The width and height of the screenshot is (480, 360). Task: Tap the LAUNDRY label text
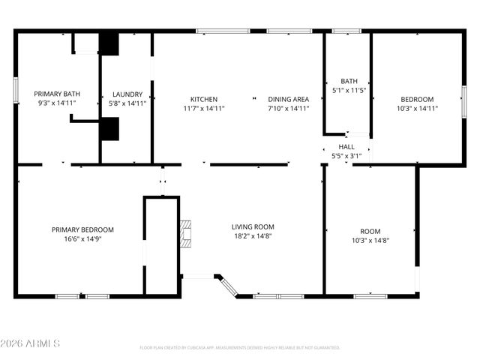127,94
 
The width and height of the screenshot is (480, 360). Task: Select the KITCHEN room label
203,99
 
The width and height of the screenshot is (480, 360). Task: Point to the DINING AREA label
289,99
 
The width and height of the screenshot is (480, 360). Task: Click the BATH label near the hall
349,81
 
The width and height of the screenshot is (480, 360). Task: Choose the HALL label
346,146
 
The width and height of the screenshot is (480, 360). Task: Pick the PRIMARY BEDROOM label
82,229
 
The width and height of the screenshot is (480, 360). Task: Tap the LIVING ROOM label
252,226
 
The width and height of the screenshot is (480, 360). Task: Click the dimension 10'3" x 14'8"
370,241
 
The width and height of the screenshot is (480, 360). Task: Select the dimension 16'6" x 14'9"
82,239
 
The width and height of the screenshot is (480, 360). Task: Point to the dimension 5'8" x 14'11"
127,103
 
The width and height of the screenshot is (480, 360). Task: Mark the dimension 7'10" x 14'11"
289,109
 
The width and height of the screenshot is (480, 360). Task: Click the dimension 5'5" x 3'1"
346,155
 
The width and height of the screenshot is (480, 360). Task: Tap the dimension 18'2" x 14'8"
252,236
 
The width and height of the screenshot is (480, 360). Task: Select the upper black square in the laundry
109,44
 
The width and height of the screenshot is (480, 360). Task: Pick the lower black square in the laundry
109,130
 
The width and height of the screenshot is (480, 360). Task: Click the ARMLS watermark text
31,343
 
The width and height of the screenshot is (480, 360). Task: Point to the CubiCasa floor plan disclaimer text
240,348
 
